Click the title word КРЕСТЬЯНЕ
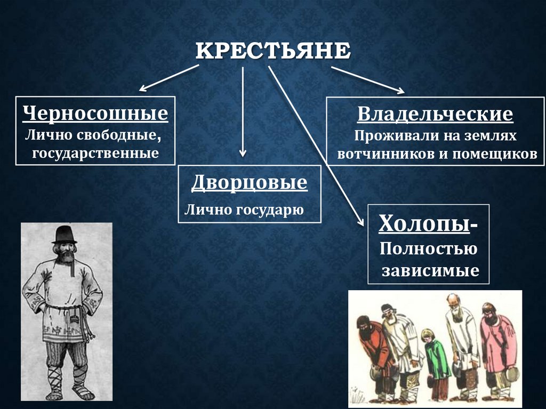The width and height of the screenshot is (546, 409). pos(273,51)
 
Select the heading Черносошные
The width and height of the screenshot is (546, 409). pos(95,113)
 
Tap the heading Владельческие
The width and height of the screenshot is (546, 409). pos(435,114)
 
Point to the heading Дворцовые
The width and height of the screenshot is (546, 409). pos(250,182)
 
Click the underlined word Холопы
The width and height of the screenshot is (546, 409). pos(424,223)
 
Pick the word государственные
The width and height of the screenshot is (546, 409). pos(95,153)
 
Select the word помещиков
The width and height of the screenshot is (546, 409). pos(495,154)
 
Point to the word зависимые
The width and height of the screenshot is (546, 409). pos(430,271)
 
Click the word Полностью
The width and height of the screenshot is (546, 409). pos(428,249)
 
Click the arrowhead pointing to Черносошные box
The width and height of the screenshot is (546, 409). pos(143,89)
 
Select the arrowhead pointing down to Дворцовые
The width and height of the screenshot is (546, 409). pos(243,153)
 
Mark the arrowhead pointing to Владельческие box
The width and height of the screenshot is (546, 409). pos(400,91)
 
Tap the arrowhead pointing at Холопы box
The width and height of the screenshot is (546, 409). pos(360,222)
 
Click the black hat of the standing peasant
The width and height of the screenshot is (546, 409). pos(64,235)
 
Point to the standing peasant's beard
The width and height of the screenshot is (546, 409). pos(65,256)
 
